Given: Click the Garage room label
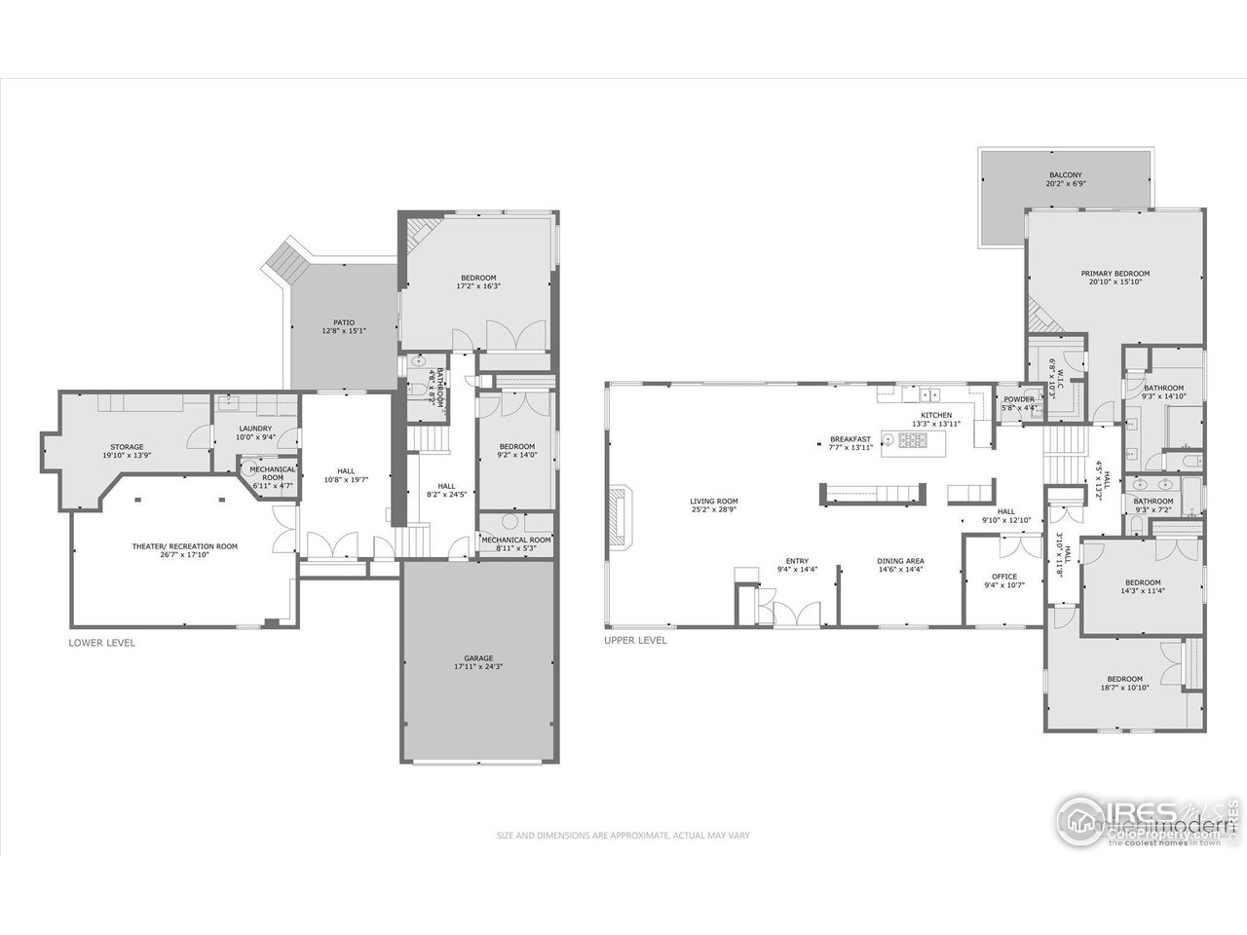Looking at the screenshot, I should click(477, 662).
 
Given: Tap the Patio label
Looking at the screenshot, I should click(344, 327).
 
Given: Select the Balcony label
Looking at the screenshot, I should click(1066, 179).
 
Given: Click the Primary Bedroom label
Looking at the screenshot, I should click(1115, 278).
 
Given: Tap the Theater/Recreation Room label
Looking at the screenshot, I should click(185, 550).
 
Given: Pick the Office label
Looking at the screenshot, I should click(1003, 580).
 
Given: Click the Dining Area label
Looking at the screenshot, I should click(900, 565).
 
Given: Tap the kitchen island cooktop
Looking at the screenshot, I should click(914, 442).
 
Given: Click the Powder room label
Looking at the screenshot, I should click(1018, 403).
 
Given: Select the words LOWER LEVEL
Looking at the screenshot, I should click(101, 643).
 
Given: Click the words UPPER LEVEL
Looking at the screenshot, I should click(635, 640).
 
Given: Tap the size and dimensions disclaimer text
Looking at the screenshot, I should click(623, 836).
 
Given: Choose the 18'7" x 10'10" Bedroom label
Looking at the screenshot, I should click(1124, 684).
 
